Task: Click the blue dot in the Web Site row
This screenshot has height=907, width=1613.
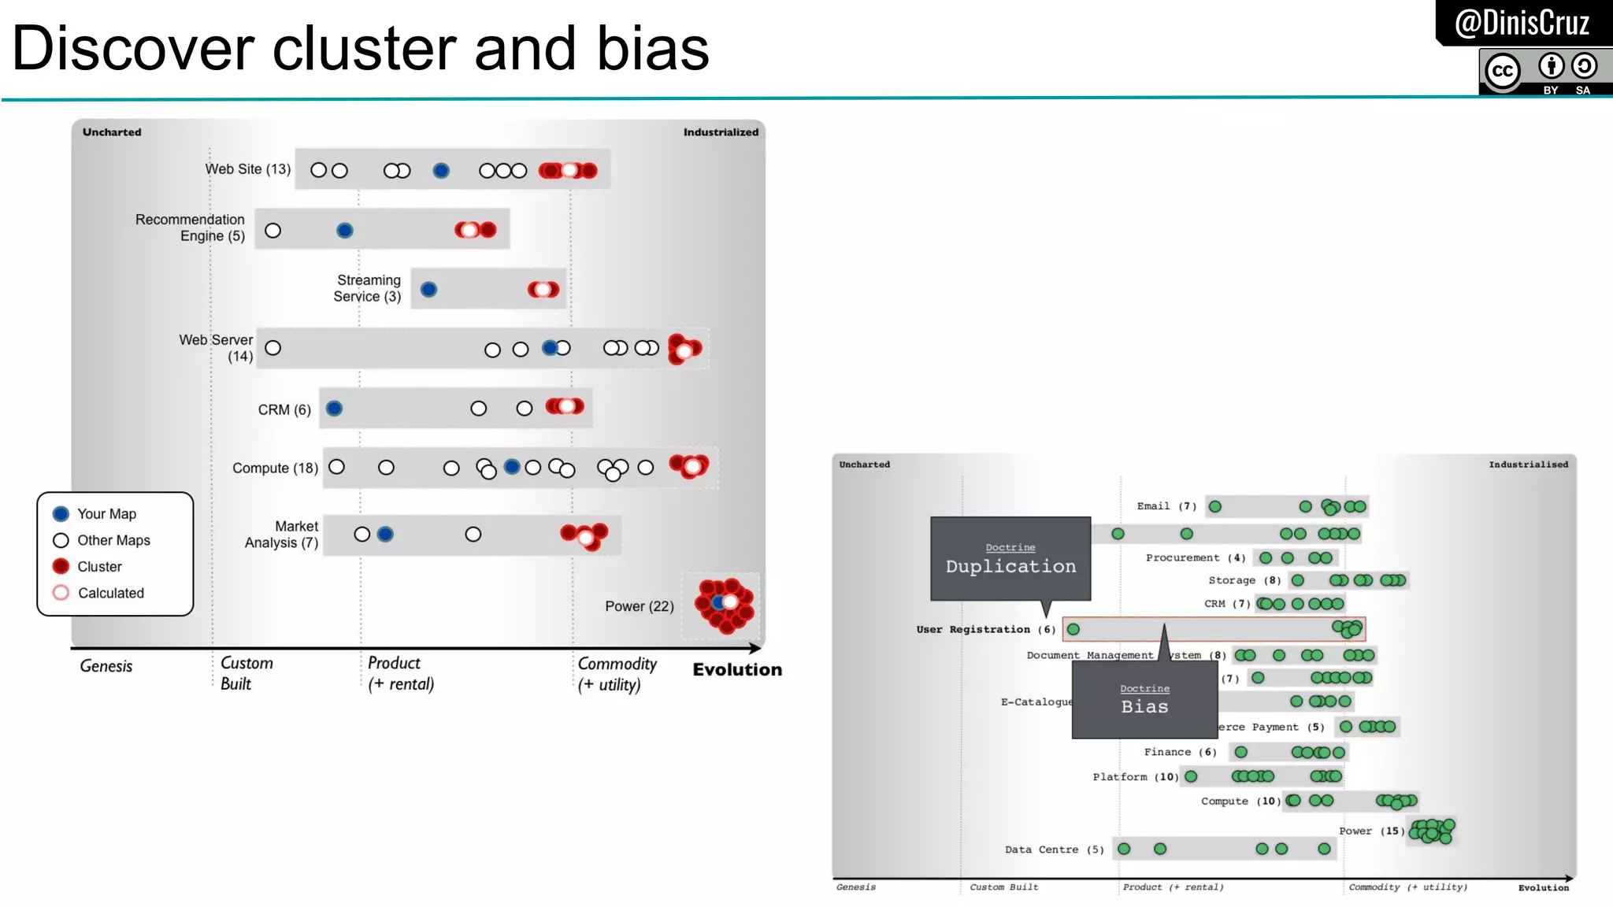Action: (441, 170)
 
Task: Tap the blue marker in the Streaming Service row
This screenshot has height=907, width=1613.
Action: (428, 290)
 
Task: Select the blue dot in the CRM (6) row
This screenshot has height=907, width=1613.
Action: (334, 409)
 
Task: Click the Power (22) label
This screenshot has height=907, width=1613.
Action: (639, 606)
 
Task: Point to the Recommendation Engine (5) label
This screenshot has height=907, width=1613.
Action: (190, 228)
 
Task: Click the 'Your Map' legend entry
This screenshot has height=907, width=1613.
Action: (106, 514)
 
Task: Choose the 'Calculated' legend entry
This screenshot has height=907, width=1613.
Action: (110, 594)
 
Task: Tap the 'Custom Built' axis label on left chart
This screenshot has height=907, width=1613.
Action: (246, 673)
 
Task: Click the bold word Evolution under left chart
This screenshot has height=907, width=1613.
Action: (737, 670)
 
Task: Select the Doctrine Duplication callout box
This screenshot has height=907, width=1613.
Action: (1010, 559)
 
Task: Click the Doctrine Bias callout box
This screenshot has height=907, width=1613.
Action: (1144, 700)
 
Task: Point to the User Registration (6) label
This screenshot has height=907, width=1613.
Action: (985, 630)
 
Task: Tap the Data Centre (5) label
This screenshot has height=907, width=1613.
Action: (1054, 850)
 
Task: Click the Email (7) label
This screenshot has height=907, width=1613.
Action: (1166, 506)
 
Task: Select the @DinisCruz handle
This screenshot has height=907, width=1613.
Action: (1522, 23)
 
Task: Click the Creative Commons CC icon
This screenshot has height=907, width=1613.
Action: (1503, 72)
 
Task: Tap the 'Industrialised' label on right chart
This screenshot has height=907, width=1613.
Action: (1528, 465)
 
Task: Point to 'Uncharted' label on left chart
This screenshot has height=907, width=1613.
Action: (112, 132)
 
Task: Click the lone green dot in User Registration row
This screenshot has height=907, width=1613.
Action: (1073, 629)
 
